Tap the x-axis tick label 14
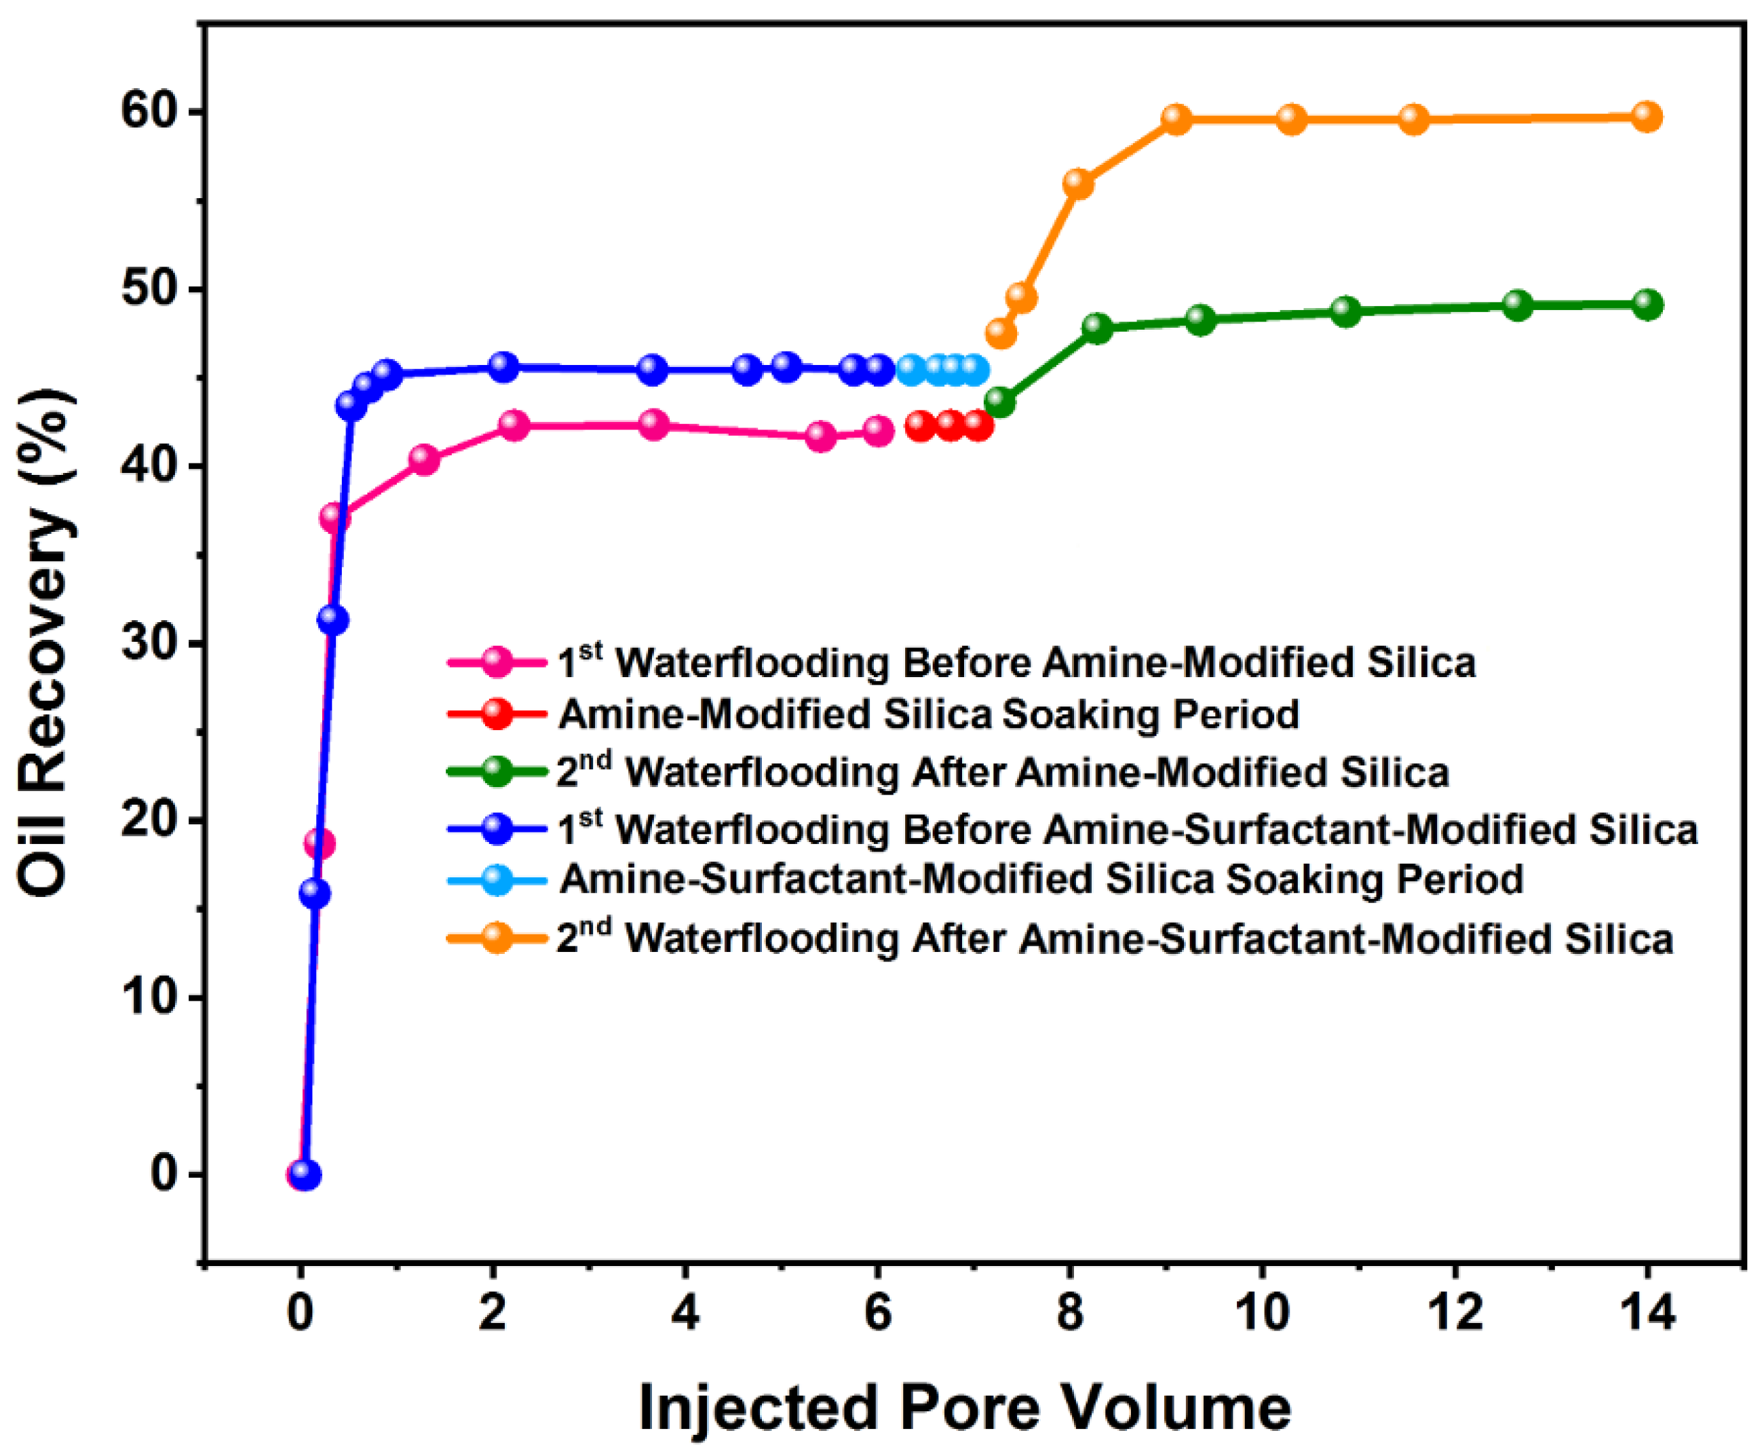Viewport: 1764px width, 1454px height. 1647,1312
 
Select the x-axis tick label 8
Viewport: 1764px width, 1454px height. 1070,1312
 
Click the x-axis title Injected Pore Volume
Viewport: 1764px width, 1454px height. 964,1409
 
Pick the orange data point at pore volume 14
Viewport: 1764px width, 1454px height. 1647,117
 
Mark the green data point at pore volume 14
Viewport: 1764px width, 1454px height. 1647,305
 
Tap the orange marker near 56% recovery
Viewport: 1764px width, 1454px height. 1078,183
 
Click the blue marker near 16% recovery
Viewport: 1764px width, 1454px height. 314,894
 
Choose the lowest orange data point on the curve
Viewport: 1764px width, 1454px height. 1001,333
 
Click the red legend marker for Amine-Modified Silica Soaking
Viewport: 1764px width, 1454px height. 497,714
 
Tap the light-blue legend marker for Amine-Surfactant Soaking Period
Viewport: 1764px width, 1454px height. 497,879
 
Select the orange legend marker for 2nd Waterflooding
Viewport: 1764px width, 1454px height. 497,937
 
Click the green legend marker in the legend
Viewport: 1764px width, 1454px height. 497,771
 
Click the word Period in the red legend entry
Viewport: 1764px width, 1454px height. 1236,714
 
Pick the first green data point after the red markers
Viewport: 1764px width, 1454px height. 999,403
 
